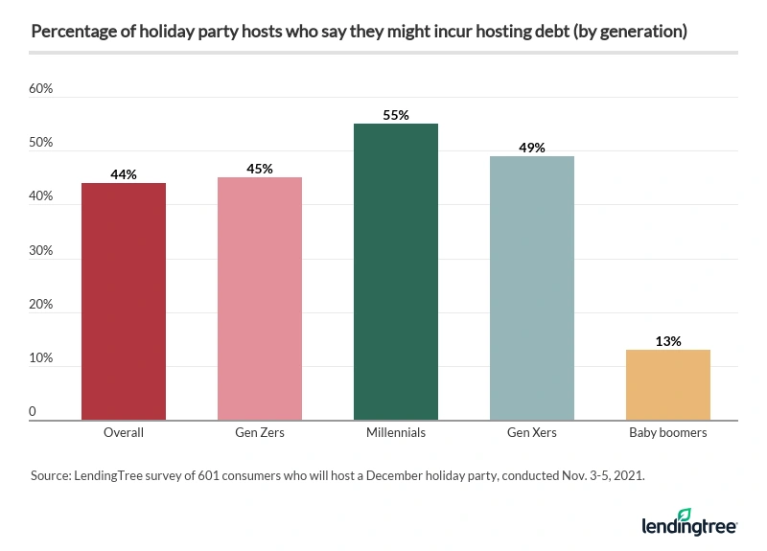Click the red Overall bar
[x=124, y=301]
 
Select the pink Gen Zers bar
[x=260, y=298]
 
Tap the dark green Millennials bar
[x=396, y=271]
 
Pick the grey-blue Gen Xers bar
[x=532, y=287]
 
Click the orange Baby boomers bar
[x=668, y=384]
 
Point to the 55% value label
[x=396, y=115]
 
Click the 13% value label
[x=668, y=341]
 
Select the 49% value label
[x=532, y=148]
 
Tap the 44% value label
[x=124, y=174]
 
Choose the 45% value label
[x=260, y=169]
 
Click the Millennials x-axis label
[x=396, y=433]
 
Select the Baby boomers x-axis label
[x=668, y=433]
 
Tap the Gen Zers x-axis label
[x=260, y=433]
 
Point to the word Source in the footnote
[x=51, y=474]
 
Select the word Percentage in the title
[x=67, y=32]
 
